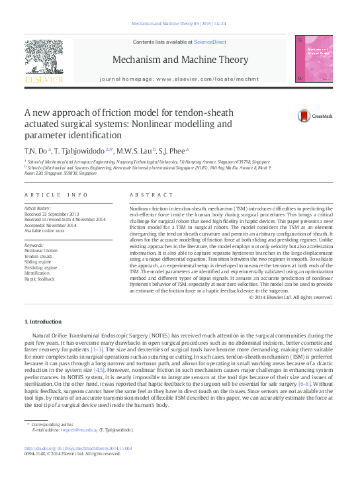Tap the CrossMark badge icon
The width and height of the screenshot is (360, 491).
[285, 115]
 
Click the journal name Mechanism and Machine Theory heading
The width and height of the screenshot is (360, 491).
[179, 60]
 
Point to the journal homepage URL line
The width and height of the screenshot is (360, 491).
[179, 79]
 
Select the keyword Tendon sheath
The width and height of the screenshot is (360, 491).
[39, 257]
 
